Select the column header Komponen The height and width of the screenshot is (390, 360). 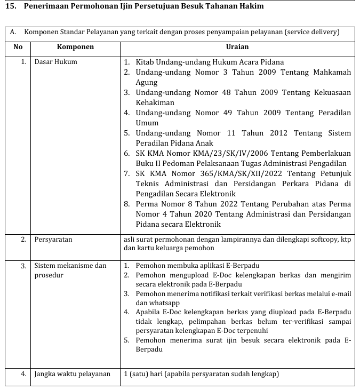[x=75, y=47]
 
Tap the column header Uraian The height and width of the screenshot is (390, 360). [x=237, y=47]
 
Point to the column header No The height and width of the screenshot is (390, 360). [x=18, y=47]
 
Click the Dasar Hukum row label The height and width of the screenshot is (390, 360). [x=55, y=62]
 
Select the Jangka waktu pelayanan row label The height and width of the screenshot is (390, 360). [x=72, y=374]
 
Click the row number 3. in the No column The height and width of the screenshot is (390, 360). [x=24, y=266]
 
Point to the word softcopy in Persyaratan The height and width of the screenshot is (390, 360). [x=317, y=240]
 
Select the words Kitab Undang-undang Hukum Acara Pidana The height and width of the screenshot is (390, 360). [x=210, y=62]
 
